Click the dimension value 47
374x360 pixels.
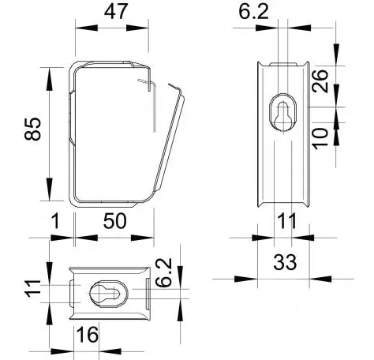116,12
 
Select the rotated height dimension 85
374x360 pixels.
33,129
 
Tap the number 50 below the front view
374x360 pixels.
115,221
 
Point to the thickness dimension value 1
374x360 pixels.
56,221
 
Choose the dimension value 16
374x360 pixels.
87,335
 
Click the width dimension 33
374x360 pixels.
285,262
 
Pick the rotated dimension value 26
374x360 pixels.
320,81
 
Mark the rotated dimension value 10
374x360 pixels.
320,138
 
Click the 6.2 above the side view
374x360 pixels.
253,12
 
